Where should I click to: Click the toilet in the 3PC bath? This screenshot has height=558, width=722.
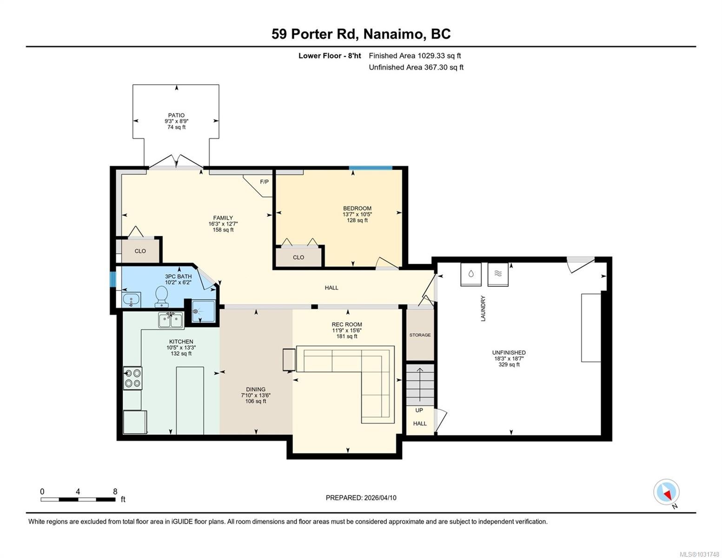[x=162, y=296]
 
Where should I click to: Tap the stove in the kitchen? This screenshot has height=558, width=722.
[x=132, y=378]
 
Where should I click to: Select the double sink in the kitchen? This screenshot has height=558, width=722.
[x=171, y=320]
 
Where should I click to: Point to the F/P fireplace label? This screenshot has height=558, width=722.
[x=264, y=182]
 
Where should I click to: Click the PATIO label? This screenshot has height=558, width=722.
[x=176, y=115]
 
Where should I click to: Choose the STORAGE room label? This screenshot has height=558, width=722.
[x=420, y=335]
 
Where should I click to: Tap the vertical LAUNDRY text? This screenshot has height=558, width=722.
[x=483, y=308]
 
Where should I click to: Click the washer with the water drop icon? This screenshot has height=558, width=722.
[x=471, y=274]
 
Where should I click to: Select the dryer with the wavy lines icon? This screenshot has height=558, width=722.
[x=498, y=274]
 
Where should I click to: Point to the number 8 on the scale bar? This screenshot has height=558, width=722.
[x=115, y=492]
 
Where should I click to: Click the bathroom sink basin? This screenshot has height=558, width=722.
[x=131, y=300]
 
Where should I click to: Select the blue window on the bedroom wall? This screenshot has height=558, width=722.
[x=371, y=168]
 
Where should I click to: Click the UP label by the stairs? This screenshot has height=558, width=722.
[x=419, y=410]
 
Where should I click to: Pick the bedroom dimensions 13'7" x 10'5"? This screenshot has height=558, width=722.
[x=357, y=214]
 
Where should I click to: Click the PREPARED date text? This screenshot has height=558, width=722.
[x=361, y=498]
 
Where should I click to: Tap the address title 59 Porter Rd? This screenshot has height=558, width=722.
[x=313, y=34]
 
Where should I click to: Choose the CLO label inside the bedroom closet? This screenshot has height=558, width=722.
[x=298, y=257]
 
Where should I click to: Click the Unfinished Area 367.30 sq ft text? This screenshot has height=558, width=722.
[x=416, y=67]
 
